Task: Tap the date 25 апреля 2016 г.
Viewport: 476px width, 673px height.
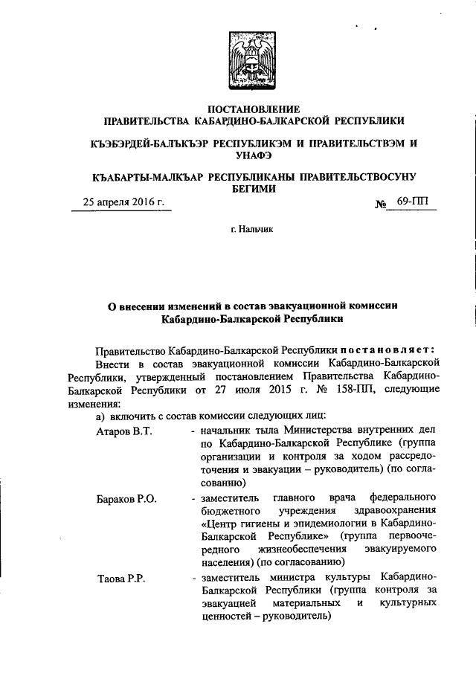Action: (x=123, y=202)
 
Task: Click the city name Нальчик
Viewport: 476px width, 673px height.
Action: (x=251, y=231)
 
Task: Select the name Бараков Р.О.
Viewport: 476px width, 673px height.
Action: (x=126, y=499)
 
